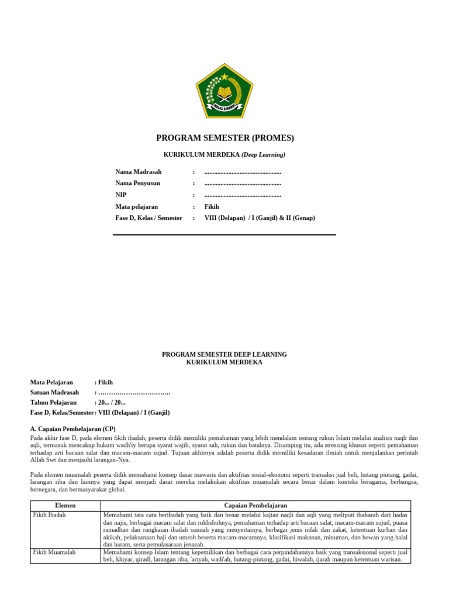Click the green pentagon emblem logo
click(224, 91)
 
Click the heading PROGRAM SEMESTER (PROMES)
click(224, 138)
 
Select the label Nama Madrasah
click(139, 171)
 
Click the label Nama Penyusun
click(138, 183)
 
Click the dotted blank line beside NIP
click(243, 195)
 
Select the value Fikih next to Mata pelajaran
click(212, 206)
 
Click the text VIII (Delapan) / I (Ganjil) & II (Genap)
click(260, 218)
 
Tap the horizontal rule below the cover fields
click(224, 235)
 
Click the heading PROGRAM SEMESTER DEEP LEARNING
click(224, 354)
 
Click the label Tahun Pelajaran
click(54, 402)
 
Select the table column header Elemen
click(65, 505)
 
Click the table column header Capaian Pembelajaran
click(255, 505)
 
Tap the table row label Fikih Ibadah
click(50, 515)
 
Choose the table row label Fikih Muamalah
click(54, 552)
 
